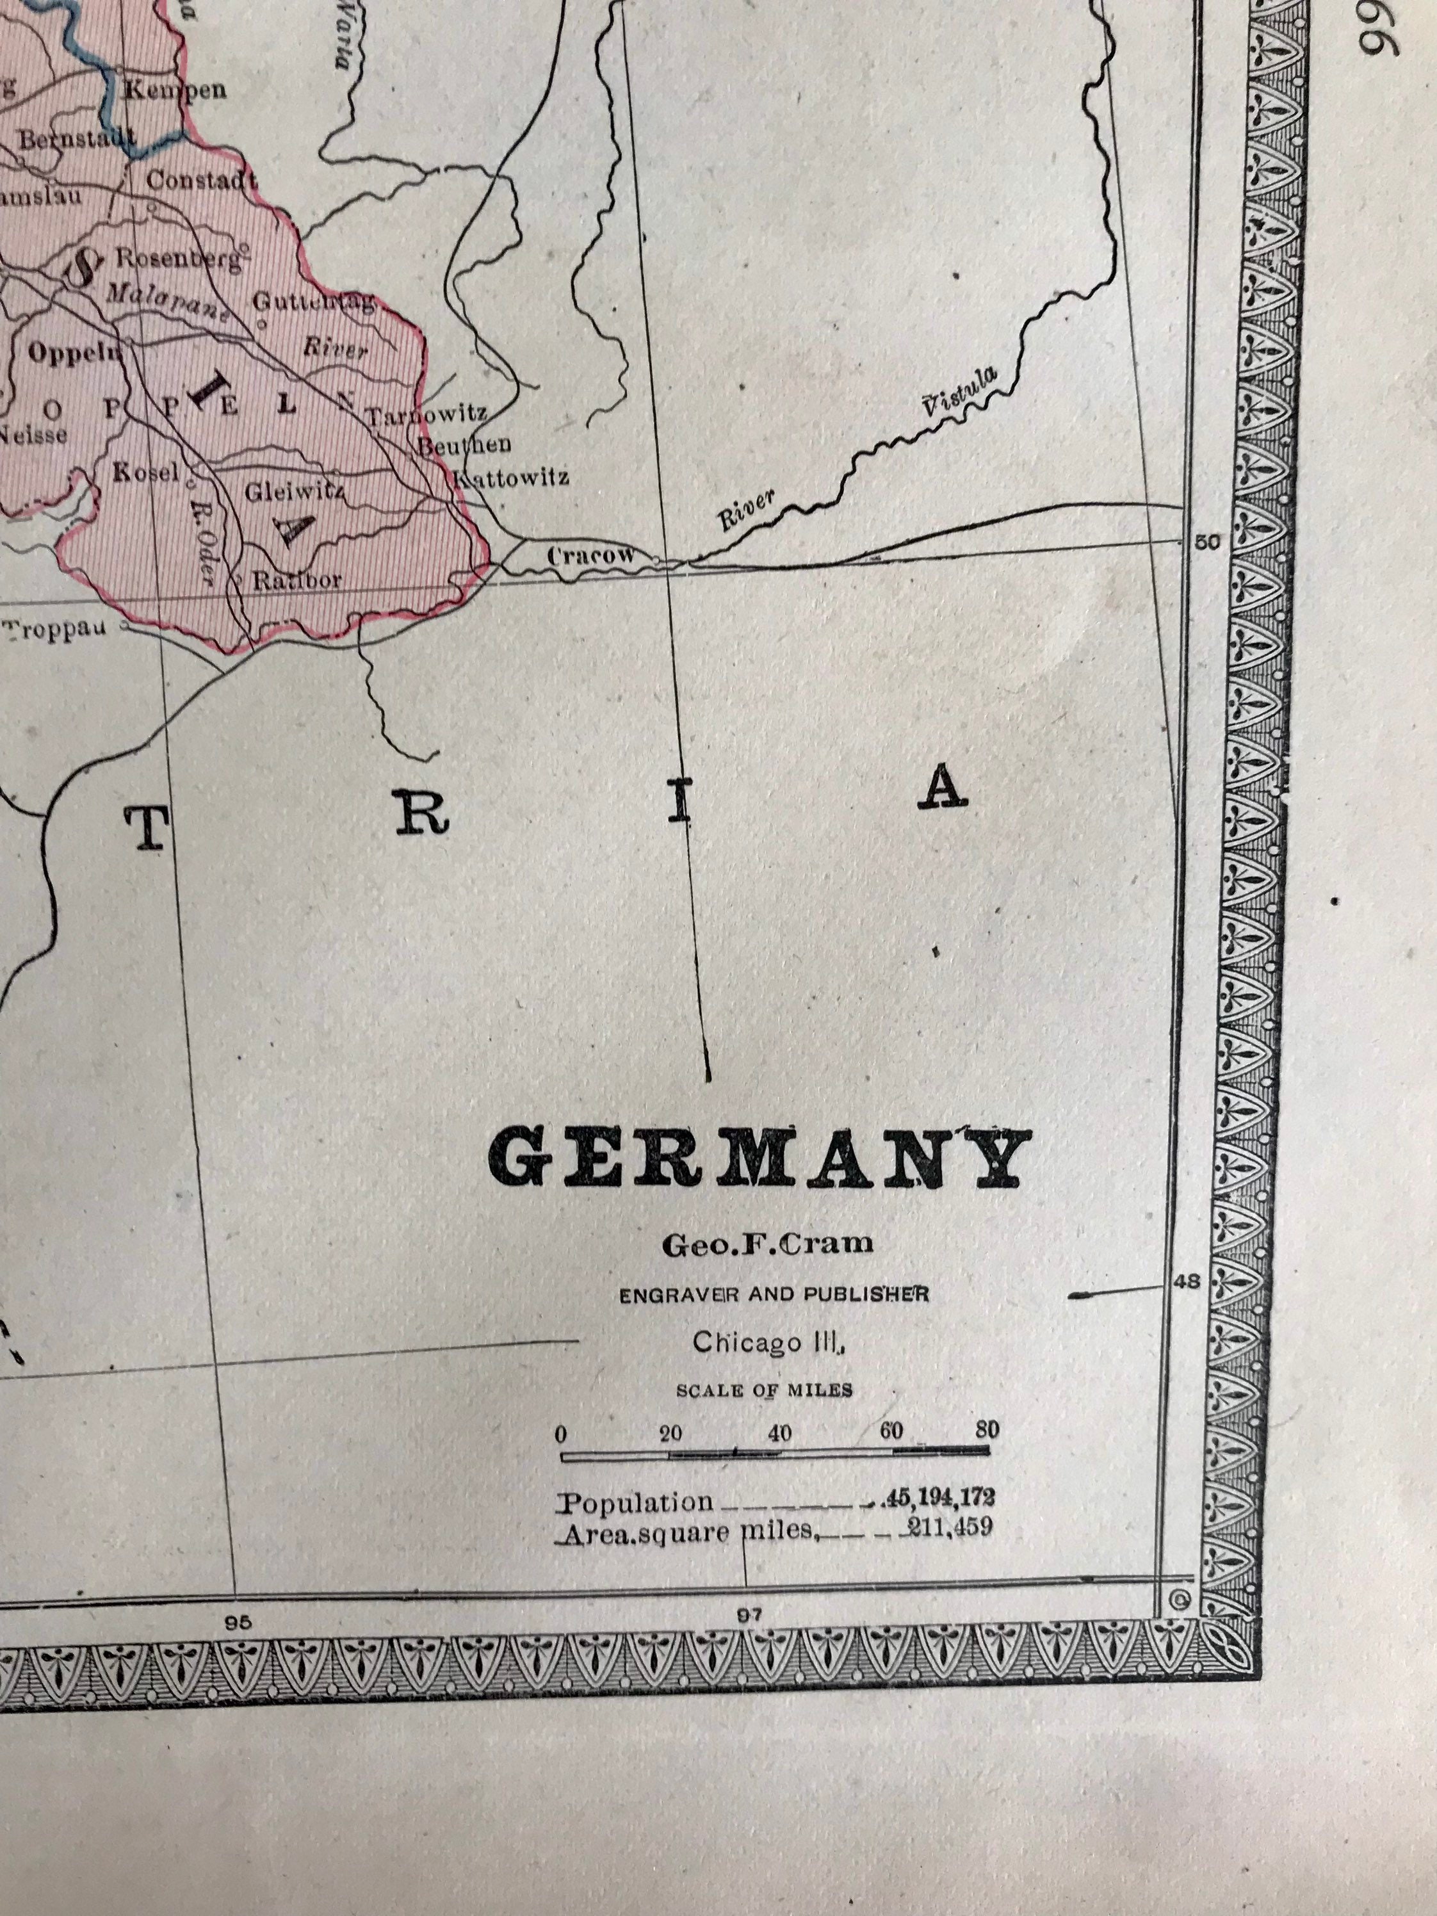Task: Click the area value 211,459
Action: (x=948, y=1529)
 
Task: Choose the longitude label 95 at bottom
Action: (x=238, y=1622)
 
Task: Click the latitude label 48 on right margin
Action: (x=1189, y=1281)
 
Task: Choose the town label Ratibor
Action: (x=296, y=580)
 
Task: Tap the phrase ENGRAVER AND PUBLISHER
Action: (x=774, y=1294)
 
